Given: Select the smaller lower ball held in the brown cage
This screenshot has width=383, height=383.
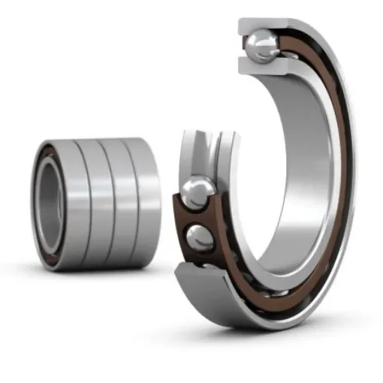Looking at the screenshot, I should [x=201, y=238].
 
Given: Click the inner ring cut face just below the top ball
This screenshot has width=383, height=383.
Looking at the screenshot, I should [x=258, y=66].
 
